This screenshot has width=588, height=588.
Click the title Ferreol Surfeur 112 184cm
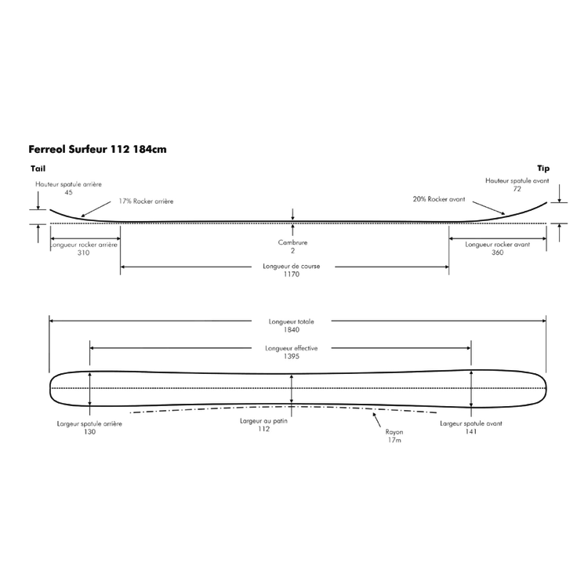tap(97, 148)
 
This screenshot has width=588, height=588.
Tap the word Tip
tap(543, 169)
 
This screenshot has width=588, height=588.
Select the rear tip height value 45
tap(69, 192)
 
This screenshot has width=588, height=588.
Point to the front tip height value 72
tap(517, 190)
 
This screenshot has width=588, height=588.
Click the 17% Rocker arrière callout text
tap(146, 201)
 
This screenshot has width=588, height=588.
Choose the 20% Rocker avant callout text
tap(438, 199)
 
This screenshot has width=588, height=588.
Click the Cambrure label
tap(292, 243)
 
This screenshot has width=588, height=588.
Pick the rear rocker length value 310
tap(84, 252)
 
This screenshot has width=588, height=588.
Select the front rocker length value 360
tap(497, 252)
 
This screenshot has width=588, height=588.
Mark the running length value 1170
tap(292, 274)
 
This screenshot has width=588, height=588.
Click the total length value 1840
tap(292, 329)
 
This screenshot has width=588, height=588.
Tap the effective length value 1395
tap(292, 357)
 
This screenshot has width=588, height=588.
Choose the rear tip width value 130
tap(89, 432)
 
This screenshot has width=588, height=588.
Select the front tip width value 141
tap(470, 432)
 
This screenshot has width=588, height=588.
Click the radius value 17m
tap(394, 439)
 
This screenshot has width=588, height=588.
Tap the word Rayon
tap(394, 431)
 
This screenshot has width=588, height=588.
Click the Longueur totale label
tap(292, 321)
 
